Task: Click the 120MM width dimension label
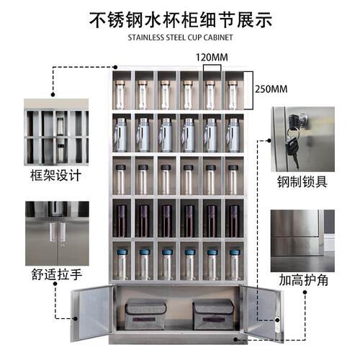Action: point(212,58)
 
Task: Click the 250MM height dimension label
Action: point(271,89)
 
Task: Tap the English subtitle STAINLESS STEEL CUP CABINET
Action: point(180,37)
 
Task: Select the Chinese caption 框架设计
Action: point(55,175)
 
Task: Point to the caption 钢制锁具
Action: point(302,181)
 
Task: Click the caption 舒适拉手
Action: point(57,274)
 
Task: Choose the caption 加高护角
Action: point(303,280)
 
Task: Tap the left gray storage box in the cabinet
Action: point(145,315)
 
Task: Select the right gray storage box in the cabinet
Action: point(213,315)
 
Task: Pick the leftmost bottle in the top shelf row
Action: point(120,95)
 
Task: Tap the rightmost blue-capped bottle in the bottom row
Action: point(235,264)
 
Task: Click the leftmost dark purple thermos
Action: point(122,221)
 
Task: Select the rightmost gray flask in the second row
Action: point(233,135)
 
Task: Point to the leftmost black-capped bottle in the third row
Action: point(120,179)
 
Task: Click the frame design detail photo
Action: point(56,132)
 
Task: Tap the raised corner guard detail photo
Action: point(302,240)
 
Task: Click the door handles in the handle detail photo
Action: point(58,232)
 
